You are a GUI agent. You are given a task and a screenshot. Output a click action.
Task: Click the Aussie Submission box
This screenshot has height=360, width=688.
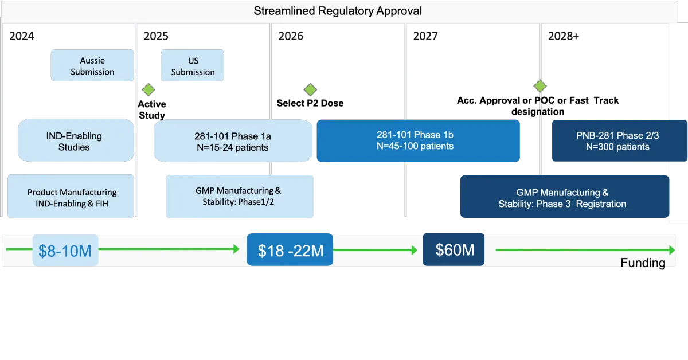92,65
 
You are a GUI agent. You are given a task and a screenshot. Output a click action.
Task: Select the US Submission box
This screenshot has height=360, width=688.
192,65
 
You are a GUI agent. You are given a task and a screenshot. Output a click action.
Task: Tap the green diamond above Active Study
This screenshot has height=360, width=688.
148,89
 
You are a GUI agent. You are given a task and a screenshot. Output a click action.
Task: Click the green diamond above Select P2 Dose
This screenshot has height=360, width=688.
310,89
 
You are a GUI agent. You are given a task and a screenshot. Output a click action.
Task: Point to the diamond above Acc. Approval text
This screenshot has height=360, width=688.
540,86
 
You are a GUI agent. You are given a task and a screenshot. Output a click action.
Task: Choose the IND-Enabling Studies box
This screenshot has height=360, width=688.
76,140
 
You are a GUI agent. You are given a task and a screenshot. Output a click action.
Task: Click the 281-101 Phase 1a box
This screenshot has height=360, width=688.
233,141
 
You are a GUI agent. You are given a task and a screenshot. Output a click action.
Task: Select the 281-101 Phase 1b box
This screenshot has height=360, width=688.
419,140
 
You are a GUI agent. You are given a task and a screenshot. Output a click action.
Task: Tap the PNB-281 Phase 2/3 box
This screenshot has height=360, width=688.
620,140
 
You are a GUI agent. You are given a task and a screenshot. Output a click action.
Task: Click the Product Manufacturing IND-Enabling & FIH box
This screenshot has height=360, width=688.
71,197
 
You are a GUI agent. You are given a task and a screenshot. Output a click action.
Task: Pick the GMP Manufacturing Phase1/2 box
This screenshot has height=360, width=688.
240,197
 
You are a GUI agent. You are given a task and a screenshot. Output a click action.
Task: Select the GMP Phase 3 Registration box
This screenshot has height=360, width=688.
565,197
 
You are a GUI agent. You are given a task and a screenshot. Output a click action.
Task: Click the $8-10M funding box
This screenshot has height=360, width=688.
65,250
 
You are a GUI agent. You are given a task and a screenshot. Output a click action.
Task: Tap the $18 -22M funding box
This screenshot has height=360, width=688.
290,250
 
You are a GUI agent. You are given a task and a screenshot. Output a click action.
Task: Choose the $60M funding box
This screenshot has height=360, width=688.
454,249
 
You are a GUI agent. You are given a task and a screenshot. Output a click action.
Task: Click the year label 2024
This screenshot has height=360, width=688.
22,36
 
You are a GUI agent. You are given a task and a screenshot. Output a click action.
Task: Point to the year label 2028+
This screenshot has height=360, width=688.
564,36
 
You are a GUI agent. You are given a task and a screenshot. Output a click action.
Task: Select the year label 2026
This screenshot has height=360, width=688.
291,36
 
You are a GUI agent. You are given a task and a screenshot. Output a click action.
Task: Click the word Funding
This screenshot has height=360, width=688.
643,263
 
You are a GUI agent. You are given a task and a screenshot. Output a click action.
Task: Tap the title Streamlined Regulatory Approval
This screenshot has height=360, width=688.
338,11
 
